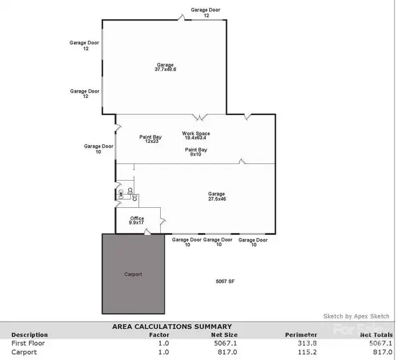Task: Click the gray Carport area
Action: click(x=133, y=273)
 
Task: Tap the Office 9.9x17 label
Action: click(x=137, y=220)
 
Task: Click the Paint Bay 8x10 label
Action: click(x=195, y=152)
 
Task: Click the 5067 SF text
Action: click(x=226, y=281)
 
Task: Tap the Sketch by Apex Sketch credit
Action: click(x=356, y=316)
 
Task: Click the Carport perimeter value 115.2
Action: click(x=301, y=352)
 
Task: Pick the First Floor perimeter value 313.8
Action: click(x=301, y=343)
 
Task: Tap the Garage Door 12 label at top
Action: click(x=206, y=13)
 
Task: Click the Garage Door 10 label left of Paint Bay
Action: click(x=99, y=149)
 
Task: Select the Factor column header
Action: click(x=159, y=335)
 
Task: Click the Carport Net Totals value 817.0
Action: click(x=382, y=352)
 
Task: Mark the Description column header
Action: click(x=30, y=335)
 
